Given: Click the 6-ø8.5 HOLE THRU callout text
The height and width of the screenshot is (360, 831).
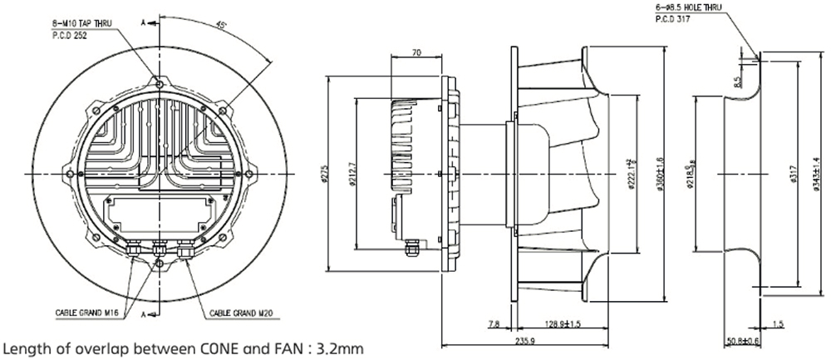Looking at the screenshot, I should (689, 7).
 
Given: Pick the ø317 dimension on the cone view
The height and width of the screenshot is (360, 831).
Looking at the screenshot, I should (794, 175).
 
